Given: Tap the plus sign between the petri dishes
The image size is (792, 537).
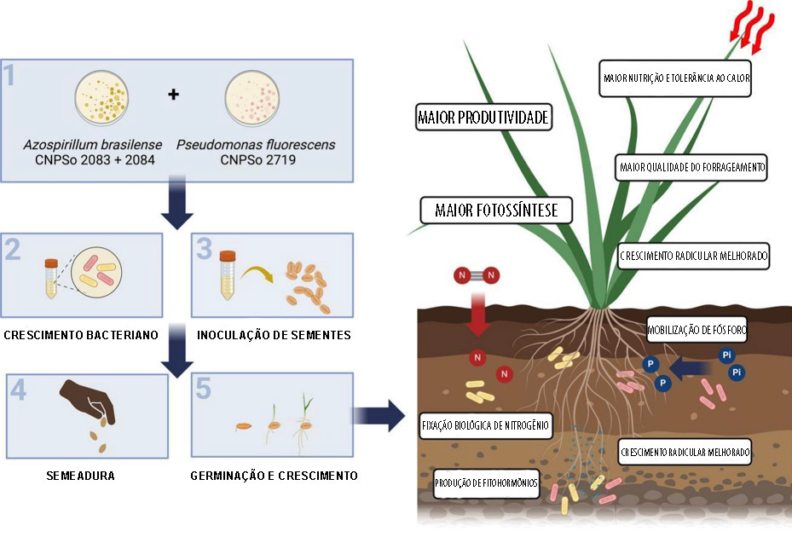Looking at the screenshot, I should click(174, 94).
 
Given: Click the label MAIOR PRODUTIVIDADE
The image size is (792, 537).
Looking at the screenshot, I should click(483, 118).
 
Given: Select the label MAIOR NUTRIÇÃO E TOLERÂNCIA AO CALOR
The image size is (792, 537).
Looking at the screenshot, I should click(676, 78).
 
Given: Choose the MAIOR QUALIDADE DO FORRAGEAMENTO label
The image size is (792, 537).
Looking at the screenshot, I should click(691, 168).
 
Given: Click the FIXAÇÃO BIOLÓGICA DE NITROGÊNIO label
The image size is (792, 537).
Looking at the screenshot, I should click(485, 424).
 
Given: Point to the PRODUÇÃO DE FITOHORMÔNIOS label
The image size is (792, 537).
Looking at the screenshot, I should click(487, 482).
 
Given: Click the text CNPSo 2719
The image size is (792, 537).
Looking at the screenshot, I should click(257, 159).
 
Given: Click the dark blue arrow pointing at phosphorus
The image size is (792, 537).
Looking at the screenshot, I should click(690, 367).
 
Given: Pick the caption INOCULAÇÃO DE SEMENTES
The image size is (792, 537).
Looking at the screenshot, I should click(272, 335).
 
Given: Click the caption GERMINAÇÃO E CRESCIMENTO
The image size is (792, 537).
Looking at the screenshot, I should click(274, 475).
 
